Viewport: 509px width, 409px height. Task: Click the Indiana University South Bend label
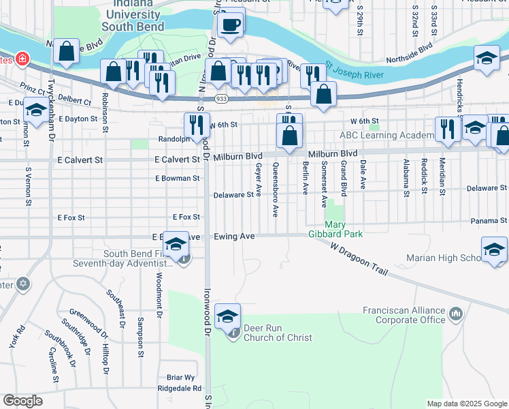point(133,15)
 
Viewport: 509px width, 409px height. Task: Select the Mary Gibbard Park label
point(344,229)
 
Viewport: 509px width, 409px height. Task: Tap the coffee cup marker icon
point(230,25)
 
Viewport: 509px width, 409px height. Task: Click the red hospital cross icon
point(23,59)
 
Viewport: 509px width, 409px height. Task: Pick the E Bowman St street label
point(177,179)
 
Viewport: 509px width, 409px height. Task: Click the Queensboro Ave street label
point(276,189)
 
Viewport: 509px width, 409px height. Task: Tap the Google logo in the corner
point(22,401)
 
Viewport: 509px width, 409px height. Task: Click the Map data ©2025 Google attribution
point(467,404)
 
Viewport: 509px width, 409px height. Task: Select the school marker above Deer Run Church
point(228,316)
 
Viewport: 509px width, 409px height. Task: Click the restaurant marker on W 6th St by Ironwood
point(195,124)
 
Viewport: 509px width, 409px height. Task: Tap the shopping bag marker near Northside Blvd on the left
point(67,51)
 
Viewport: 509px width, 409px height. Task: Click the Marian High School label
point(443,258)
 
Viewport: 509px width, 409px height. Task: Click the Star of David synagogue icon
point(23,282)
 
